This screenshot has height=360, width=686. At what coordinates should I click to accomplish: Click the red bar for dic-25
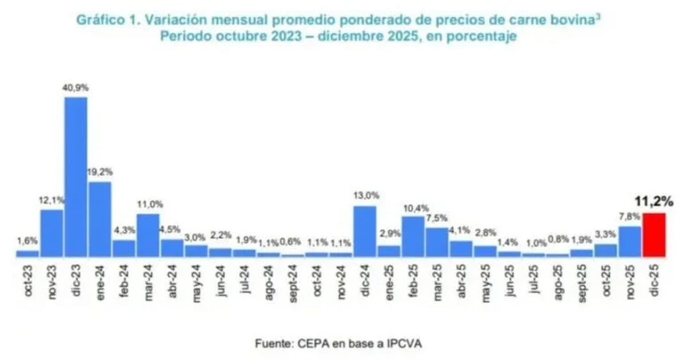click(x=654, y=235)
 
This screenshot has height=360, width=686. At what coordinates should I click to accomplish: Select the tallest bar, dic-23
click(x=75, y=177)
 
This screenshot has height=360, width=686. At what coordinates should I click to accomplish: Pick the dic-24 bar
click(x=365, y=231)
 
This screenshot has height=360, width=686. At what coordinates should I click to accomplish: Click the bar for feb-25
click(x=413, y=236)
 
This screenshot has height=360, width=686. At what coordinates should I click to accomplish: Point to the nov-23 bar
click(x=51, y=233)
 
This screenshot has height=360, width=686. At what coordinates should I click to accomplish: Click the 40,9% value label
click(x=75, y=87)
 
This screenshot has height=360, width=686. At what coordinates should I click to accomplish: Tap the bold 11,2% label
click(x=654, y=201)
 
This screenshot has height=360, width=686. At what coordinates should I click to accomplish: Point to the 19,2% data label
click(x=99, y=172)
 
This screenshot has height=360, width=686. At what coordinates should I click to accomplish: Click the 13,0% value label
click(x=365, y=196)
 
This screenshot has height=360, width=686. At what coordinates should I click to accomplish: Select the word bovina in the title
click(x=579, y=19)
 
